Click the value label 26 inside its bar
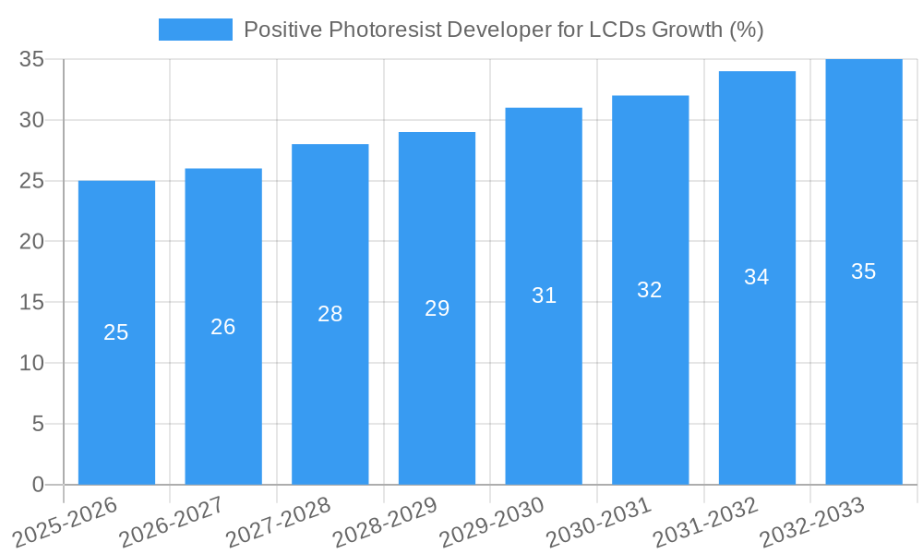[x=223, y=327]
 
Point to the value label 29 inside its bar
[x=437, y=308]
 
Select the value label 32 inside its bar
[x=650, y=290]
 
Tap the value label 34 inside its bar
[x=757, y=277]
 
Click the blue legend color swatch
[x=196, y=30]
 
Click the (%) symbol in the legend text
[x=746, y=30]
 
